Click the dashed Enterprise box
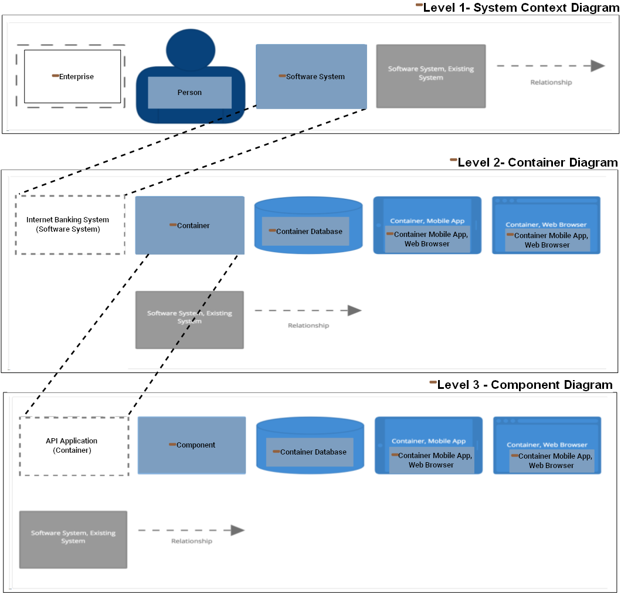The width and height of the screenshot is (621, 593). pos(71,76)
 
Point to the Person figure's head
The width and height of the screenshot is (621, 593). pos(191,50)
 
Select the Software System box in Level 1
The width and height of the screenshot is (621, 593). pos(311,76)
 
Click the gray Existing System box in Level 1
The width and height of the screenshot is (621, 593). pos(430,76)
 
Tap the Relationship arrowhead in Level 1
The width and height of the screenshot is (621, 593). pos(598,66)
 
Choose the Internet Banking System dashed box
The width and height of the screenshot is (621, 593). pos(70,225)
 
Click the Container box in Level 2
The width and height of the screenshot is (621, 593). pos(189,225)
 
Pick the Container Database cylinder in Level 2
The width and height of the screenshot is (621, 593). pos(308,226)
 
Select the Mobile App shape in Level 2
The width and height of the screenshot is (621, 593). pos(427,225)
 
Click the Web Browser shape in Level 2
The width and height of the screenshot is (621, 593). pos(546,225)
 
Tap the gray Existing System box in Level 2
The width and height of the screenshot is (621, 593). pos(189,320)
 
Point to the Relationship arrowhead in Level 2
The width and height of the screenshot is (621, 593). pos(355,310)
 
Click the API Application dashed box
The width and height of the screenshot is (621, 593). pos(74,446)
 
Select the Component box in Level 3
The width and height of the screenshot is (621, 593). pos(192,445)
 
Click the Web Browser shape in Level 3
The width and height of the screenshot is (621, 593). pos(547,445)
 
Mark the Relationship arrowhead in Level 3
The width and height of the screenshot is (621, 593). pos(237,530)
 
